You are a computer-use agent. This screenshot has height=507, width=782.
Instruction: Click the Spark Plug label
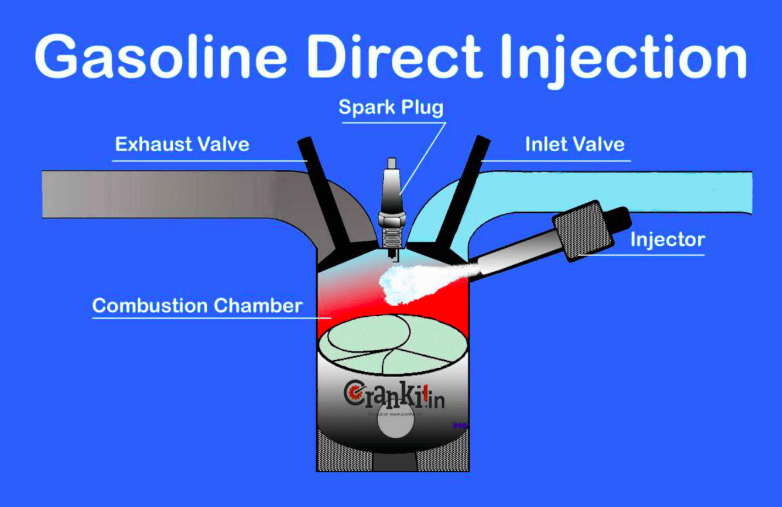[x=390, y=107]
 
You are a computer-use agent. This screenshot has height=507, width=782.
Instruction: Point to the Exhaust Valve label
[x=182, y=145]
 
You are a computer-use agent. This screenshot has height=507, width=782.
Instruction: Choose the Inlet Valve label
[x=574, y=145]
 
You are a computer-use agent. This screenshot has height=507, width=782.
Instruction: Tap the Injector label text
[x=667, y=240]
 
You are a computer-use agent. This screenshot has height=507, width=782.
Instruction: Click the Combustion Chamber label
[x=197, y=306]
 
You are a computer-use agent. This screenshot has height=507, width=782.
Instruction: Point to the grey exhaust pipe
[x=165, y=194]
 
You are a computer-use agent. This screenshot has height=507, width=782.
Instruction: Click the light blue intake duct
[x=661, y=190]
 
